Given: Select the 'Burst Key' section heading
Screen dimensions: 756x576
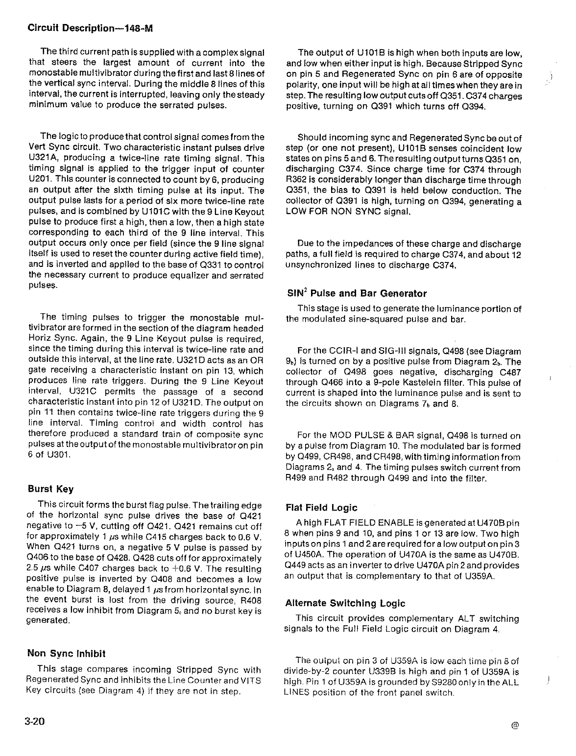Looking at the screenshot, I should [50, 489].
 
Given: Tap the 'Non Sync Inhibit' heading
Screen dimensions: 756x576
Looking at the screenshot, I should [66, 653].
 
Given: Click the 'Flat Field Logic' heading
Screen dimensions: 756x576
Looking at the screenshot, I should [321, 508].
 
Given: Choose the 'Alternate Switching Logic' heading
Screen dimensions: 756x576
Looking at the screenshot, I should [345, 603].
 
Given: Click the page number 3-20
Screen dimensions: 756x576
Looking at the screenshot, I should [35, 722].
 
